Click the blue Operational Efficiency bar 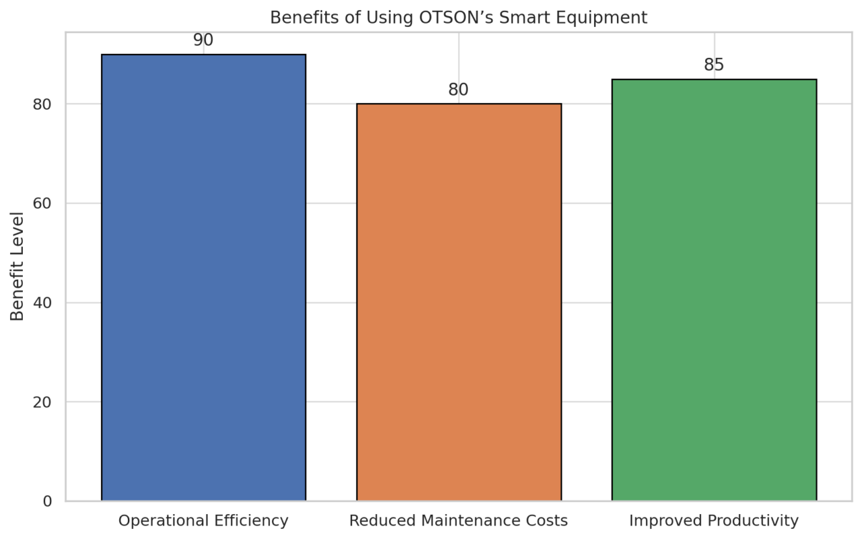tap(203, 278)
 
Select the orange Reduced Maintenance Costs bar tap(459, 303)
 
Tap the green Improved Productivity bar tap(714, 290)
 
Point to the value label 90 tap(203, 40)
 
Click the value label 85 tap(714, 65)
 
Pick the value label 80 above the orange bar tap(459, 90)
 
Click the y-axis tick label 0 tap(47, 501)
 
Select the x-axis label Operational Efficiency tap(203, 521)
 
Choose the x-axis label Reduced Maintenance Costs tap(459, 521)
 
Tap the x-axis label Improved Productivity tap(714, 521)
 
